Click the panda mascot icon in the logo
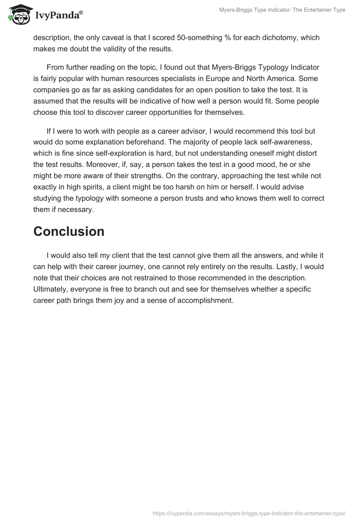click(x=18, y=15)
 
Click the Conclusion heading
click(x=69, y=231)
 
